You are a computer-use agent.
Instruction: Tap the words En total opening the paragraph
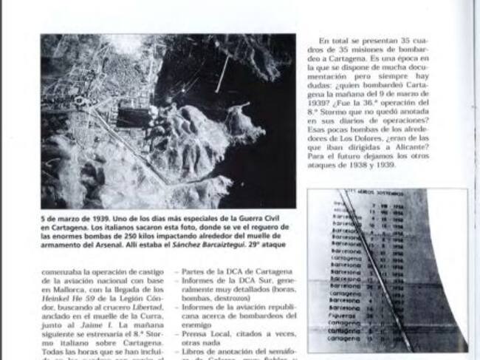pos(336,40)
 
